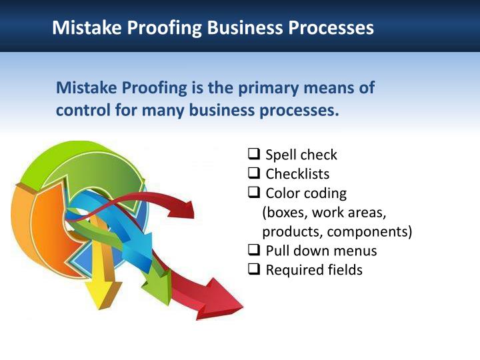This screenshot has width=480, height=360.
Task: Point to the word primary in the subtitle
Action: click(x=267, y=88)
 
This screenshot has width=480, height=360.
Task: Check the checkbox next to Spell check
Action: click(x=254, y=155)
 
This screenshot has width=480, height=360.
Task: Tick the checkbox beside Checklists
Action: click(x=254, y=174)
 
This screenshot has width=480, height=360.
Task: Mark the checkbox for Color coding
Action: click(x=254, y=193)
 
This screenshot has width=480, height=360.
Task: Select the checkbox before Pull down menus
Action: click(x=254, y=251)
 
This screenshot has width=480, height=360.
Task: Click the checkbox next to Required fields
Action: click(x=254, y=270)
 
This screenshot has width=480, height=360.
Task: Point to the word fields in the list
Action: click(x=345, y=270)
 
